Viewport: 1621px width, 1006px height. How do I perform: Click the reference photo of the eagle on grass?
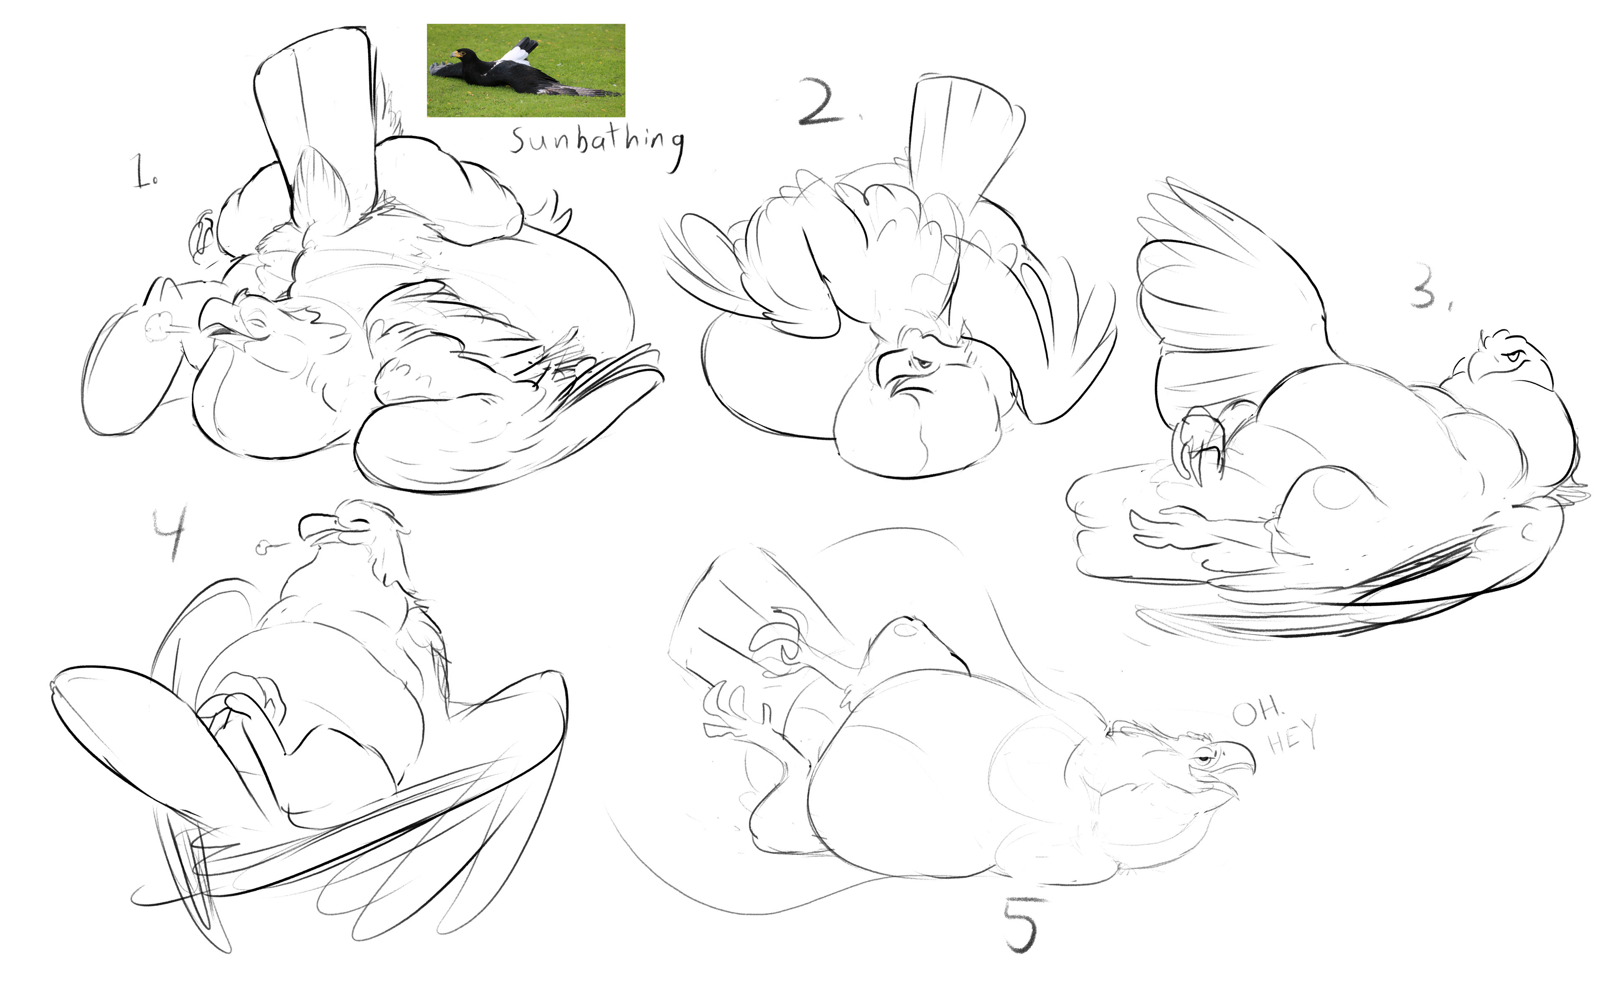tap(526, 71)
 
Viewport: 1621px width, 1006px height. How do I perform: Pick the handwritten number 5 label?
tap(1021, 925)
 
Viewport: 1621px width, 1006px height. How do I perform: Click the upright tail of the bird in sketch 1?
tap(316, 120)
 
